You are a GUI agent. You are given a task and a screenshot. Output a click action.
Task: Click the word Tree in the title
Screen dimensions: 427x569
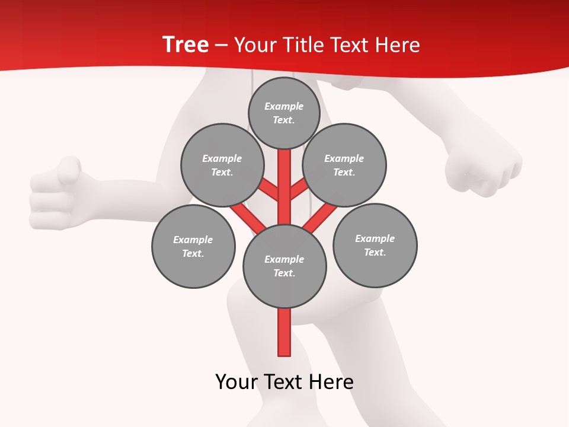pyautogui.click(x=186, y=45)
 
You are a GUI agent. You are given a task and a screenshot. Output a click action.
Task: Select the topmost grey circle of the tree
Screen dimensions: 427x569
pyautogui.click(x=284, y=113)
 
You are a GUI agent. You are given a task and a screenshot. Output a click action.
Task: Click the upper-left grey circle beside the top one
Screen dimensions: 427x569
pyautogui.click(x=222, y=165)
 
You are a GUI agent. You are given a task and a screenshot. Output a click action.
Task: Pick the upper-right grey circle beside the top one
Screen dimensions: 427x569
pyautogui.click(x=344, y=165)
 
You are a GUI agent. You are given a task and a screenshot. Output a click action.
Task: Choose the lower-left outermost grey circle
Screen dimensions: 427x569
pyautogui.click(x=193, y=246)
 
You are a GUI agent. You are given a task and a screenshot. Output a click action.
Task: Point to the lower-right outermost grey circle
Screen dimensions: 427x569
pyautogui.click(x=375, y=245)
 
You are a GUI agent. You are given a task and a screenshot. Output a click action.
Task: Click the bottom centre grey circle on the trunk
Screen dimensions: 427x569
pyautogui.click(x=284, y=266)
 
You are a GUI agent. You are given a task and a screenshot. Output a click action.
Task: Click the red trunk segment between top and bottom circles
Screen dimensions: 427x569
pyautogui.click(x=284, y=184)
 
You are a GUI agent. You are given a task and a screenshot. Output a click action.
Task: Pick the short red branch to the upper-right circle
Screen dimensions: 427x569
pyautogui.click(x=299, y=190)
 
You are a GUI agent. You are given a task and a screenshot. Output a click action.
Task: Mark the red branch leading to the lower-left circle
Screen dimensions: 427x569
pyautogui.click(x=248, y=218)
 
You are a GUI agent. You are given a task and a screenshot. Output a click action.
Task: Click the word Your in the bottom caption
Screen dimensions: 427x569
pyautogui.click(x=236, y=382)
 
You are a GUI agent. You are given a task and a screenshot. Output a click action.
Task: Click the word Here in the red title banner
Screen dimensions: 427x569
pyautogui.click(x=397, y=45)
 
